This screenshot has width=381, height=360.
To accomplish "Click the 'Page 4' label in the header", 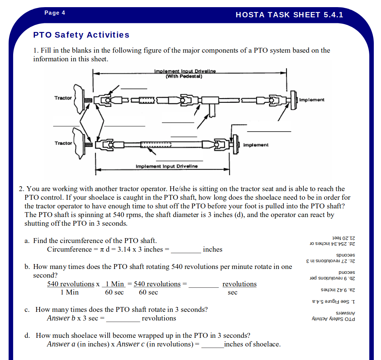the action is pos(55,13).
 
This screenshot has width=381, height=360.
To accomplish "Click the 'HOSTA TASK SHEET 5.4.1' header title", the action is pos(290,15).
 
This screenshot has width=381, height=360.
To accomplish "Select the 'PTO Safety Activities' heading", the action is pos(81,35).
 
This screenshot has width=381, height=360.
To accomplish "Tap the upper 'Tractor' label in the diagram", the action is pos(63,98).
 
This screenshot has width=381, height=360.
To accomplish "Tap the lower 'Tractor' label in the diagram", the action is pos(63,143).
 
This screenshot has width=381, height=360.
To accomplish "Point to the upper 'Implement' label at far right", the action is pos(312,100).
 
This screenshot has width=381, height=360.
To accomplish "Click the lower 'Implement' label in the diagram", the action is pos(256,145).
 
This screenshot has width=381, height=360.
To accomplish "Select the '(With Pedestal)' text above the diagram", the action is pos(184,76).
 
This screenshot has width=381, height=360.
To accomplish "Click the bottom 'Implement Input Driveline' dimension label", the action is pos(167,166).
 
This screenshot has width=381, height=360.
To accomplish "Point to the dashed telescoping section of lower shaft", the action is pos(156,145).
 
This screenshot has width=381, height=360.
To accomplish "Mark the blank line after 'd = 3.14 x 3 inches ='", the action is pos(186,253).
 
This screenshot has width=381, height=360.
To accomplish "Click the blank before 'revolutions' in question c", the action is pos(123,322).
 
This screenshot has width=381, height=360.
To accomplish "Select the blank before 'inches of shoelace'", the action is pos(213,348).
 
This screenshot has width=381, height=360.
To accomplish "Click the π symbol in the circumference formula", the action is pos(102,249).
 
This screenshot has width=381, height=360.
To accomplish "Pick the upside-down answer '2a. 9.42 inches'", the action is pos(338,290).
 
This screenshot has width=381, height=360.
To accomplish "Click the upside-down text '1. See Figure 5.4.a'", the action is pos(334,302).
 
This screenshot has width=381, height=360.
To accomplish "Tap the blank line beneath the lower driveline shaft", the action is pos(179,161).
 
